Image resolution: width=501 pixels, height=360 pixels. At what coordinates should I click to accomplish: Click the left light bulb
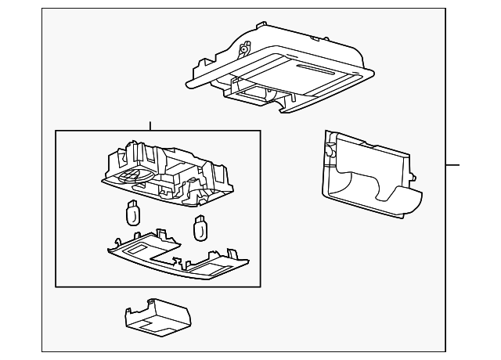132,213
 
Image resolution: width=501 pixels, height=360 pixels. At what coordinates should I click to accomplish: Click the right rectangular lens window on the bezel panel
210,268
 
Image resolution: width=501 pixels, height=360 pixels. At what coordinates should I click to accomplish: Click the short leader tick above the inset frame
150,125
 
